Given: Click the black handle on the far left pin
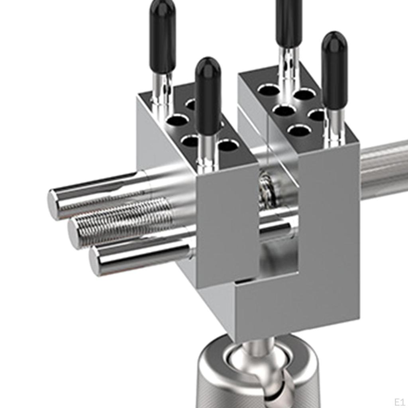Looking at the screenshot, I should (163, 36).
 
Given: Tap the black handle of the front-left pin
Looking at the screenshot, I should (208, 96).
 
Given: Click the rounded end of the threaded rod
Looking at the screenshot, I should (74, 233).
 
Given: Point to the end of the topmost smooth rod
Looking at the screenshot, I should (54, 204).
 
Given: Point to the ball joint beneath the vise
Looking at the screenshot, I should (255, 359).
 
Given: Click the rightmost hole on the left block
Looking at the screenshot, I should (228, 145).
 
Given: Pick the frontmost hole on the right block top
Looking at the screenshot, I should (299, 130).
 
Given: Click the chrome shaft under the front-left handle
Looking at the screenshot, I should (207, 153).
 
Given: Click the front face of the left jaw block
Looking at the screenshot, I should (227, 223).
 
